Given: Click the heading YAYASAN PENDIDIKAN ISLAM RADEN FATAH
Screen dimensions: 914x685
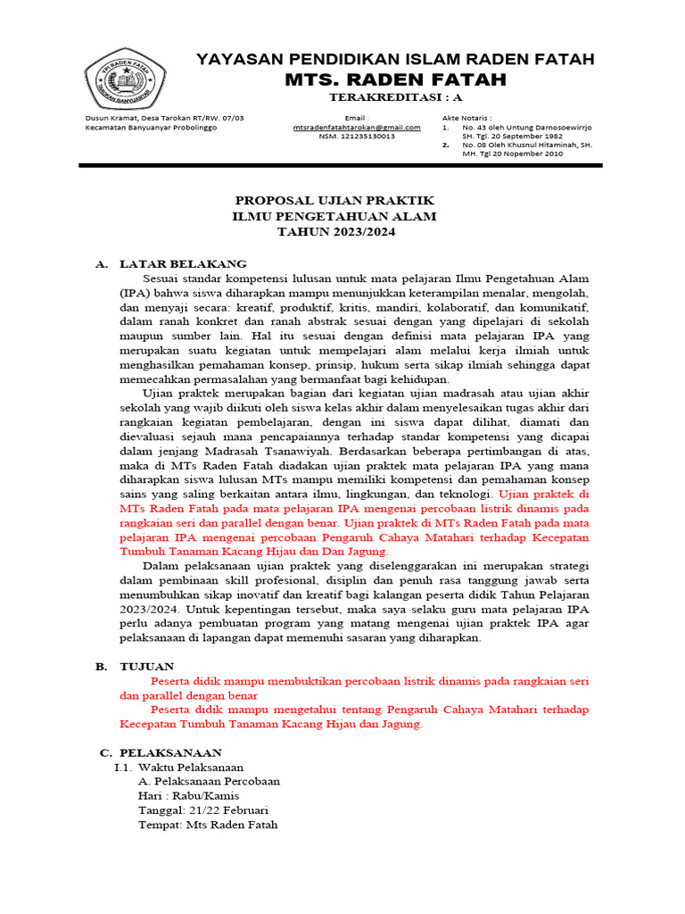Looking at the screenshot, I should coord(395,59).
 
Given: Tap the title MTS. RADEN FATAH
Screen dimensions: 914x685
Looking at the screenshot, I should coord(395,79).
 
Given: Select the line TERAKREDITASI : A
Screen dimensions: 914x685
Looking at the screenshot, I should coord(394,97).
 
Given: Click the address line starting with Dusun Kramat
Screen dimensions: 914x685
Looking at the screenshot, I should coord(164,118).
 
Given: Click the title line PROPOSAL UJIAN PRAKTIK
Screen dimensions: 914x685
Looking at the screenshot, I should coord(334,201).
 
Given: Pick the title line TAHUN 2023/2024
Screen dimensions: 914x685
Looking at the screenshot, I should coord(335,232).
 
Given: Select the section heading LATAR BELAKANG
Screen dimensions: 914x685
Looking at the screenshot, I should coord(183,264).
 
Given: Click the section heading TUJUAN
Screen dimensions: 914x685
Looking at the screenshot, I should coord(147,666).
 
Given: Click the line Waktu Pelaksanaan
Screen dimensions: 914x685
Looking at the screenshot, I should coord(190,767).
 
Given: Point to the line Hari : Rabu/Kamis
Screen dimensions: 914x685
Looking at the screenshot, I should coord(188,795).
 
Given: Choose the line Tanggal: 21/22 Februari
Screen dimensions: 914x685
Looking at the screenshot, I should coord(203,810).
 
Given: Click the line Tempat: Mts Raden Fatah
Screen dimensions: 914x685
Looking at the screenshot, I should coord(208,824).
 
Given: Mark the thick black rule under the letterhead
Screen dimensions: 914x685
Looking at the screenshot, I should coord(340,165).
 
